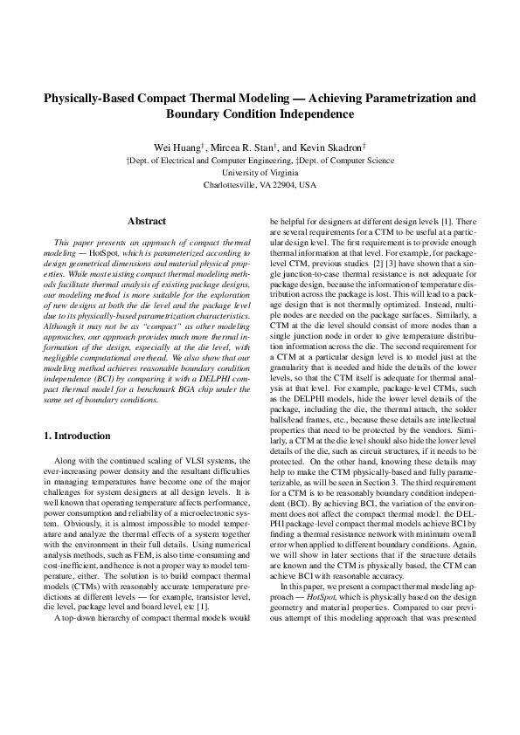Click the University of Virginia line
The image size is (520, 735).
point(260,173)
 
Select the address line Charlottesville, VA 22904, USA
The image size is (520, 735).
point(260,185)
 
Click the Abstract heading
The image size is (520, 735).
point(147,222)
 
